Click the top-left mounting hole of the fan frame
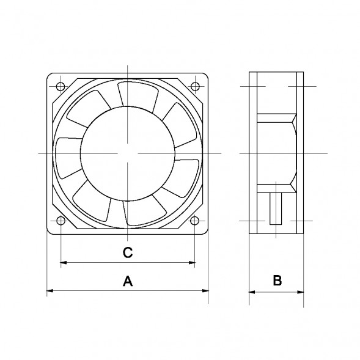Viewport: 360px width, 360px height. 60,86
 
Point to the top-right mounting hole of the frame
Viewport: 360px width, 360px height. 194,86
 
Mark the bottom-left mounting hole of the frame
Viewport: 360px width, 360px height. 60,221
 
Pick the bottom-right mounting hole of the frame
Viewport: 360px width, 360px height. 194,221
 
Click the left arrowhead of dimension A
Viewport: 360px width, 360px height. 50,291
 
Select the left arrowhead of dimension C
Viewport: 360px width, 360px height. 64,263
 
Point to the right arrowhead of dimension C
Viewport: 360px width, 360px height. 191,263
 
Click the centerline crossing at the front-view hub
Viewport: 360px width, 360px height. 127,153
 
